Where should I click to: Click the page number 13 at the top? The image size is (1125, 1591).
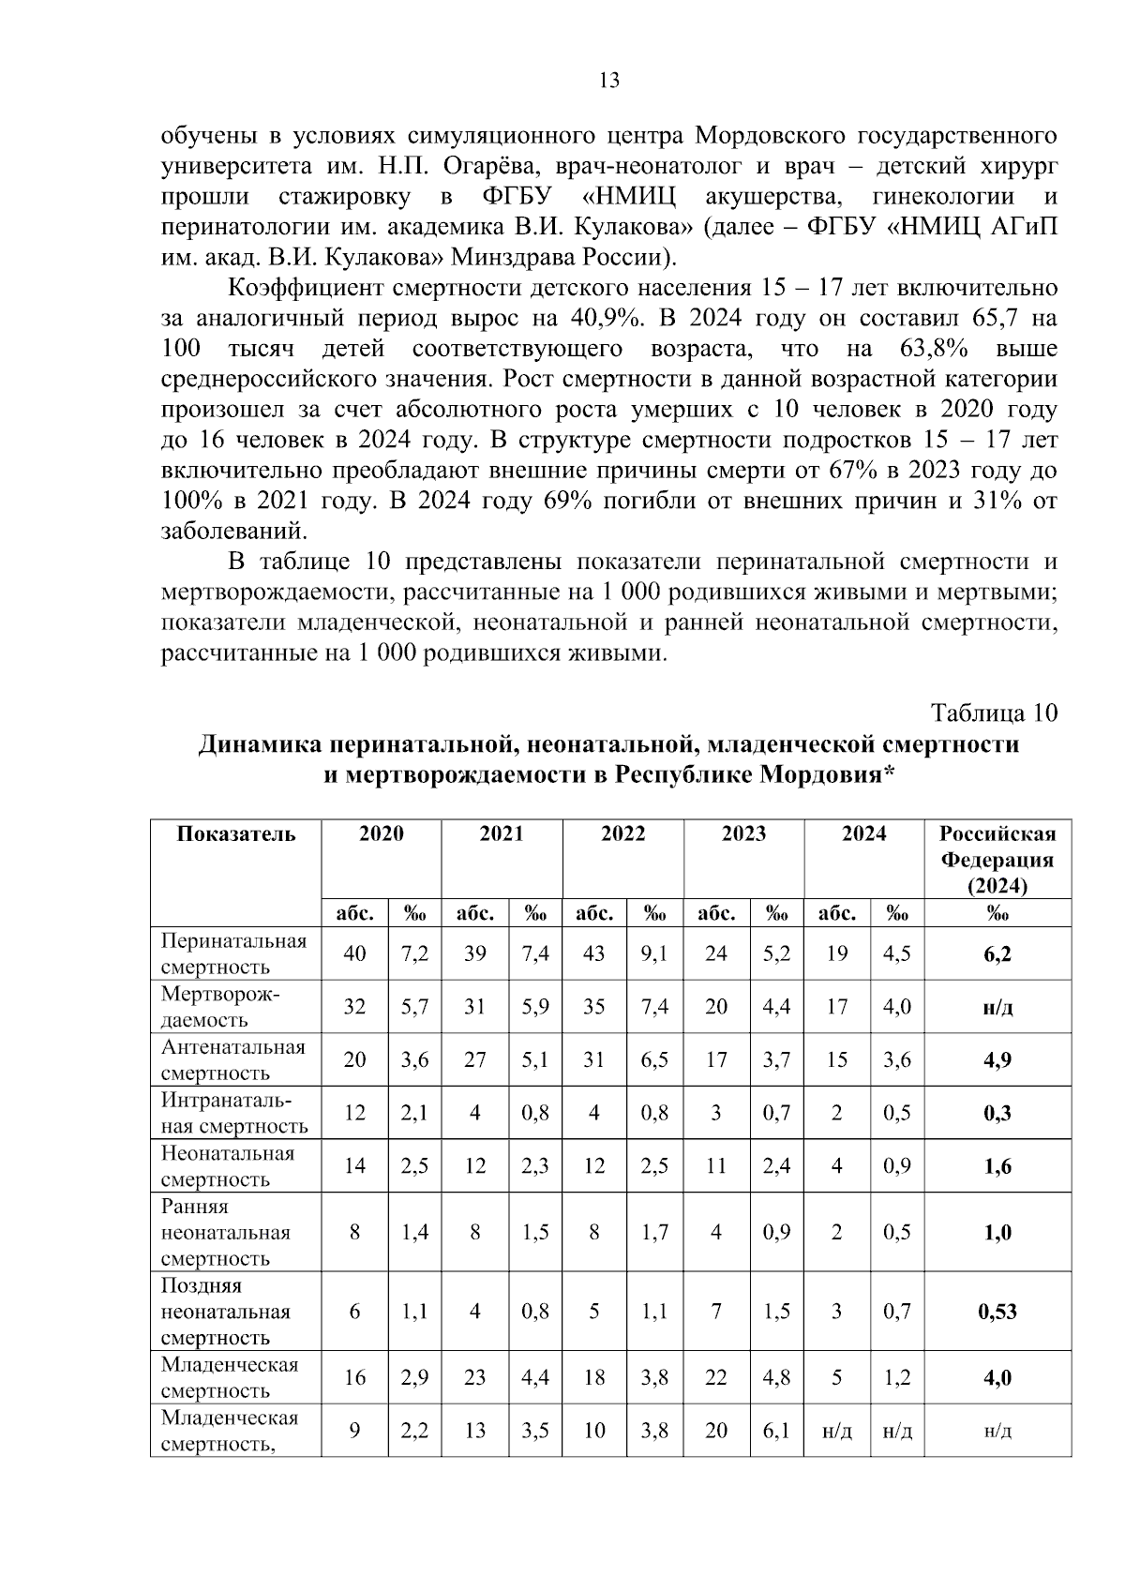[608, 81]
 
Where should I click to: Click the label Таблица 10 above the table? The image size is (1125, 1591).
[994, 713]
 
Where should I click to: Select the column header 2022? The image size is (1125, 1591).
[622, 833]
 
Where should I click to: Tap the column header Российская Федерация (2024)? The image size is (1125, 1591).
[997, 860]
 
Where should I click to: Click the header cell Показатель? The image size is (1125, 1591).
[236, 834]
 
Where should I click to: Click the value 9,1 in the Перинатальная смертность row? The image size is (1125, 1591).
[654, 953]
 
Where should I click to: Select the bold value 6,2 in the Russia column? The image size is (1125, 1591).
[997, 954]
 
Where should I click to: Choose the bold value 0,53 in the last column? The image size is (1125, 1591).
[997, 1312]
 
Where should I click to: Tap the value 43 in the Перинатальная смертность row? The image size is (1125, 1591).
[594, 953]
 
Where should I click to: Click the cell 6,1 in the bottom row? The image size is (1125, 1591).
[776, 1431]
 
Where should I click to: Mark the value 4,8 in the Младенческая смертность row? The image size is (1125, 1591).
[776, 1378]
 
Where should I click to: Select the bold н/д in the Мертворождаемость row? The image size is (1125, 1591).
[997, 1007]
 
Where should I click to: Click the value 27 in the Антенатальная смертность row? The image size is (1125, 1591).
[475, 1059]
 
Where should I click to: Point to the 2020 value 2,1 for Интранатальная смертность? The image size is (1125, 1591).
[414, 1113]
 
